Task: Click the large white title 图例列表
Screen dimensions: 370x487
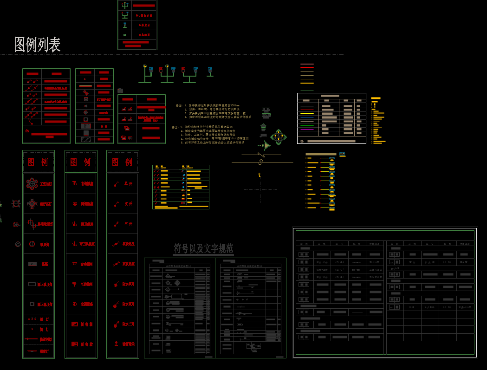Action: (38, 45)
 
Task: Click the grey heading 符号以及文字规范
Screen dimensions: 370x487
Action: (203, 248)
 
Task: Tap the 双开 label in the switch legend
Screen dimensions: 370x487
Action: (128, 204)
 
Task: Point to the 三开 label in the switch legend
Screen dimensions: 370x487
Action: (128, 224)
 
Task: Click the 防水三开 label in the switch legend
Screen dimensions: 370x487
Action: (128, 324)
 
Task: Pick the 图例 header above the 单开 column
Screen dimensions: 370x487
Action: (122, 162)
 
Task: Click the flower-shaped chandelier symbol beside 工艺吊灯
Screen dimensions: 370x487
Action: (32, 184)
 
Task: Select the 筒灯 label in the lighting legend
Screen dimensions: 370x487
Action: (45, 329)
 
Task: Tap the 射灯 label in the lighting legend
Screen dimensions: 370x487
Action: (45, 319)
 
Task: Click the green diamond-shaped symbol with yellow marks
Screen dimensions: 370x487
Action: (278, 136)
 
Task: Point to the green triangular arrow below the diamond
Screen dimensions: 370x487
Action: (266, 145)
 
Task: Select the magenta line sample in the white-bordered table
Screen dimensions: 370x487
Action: (307, 130)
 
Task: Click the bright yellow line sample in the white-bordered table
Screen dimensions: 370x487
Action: (307, 114)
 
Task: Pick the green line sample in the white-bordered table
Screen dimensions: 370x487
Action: (307, 125)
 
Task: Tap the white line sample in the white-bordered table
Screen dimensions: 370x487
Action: (307, 106)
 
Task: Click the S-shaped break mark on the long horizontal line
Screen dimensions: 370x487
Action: (260, 162)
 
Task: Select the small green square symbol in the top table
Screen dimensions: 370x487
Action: (124, 35)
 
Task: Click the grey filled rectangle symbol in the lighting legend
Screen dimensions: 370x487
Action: (32, 264)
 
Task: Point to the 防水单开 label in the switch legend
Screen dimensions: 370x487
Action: (128, 284)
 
